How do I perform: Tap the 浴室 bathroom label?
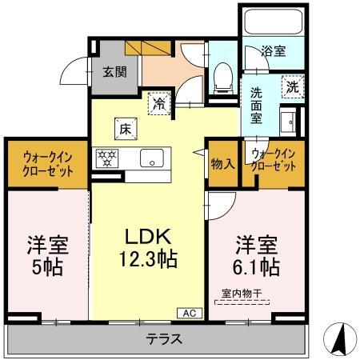(x=273, y=50)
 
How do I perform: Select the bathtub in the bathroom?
(x=271, y=21)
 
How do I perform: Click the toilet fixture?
(x=223, y=76)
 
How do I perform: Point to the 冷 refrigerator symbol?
(x=160, y=102)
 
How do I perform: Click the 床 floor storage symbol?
(x=126, y=127)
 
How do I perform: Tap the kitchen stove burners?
(x=106, y=158)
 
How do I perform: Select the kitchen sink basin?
(x=150, y=158)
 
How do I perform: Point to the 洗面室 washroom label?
(x=256, y=105)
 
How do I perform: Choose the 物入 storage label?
(x=222, y=163)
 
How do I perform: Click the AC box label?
(x=190, y=313)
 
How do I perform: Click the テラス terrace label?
(x=163, y=338)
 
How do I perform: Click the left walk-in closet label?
(x=44, y=164)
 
